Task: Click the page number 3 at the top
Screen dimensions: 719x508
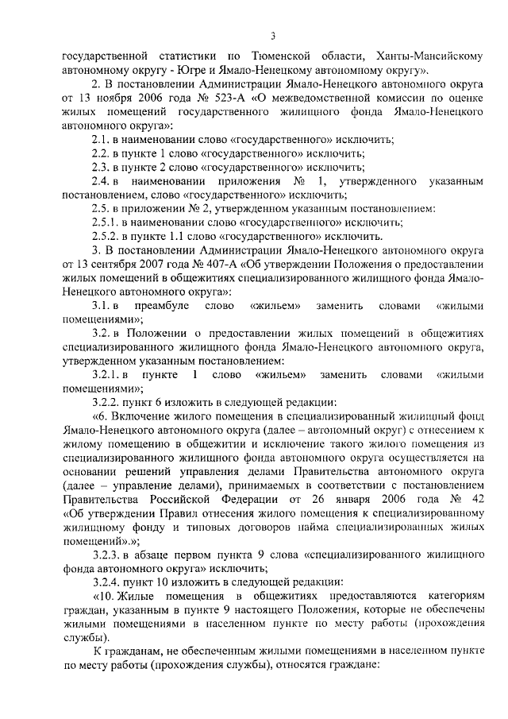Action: [x=272, y=35]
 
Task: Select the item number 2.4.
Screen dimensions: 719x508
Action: [x=102, y=181]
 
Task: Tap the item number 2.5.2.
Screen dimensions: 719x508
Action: [x=106, y=237]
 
